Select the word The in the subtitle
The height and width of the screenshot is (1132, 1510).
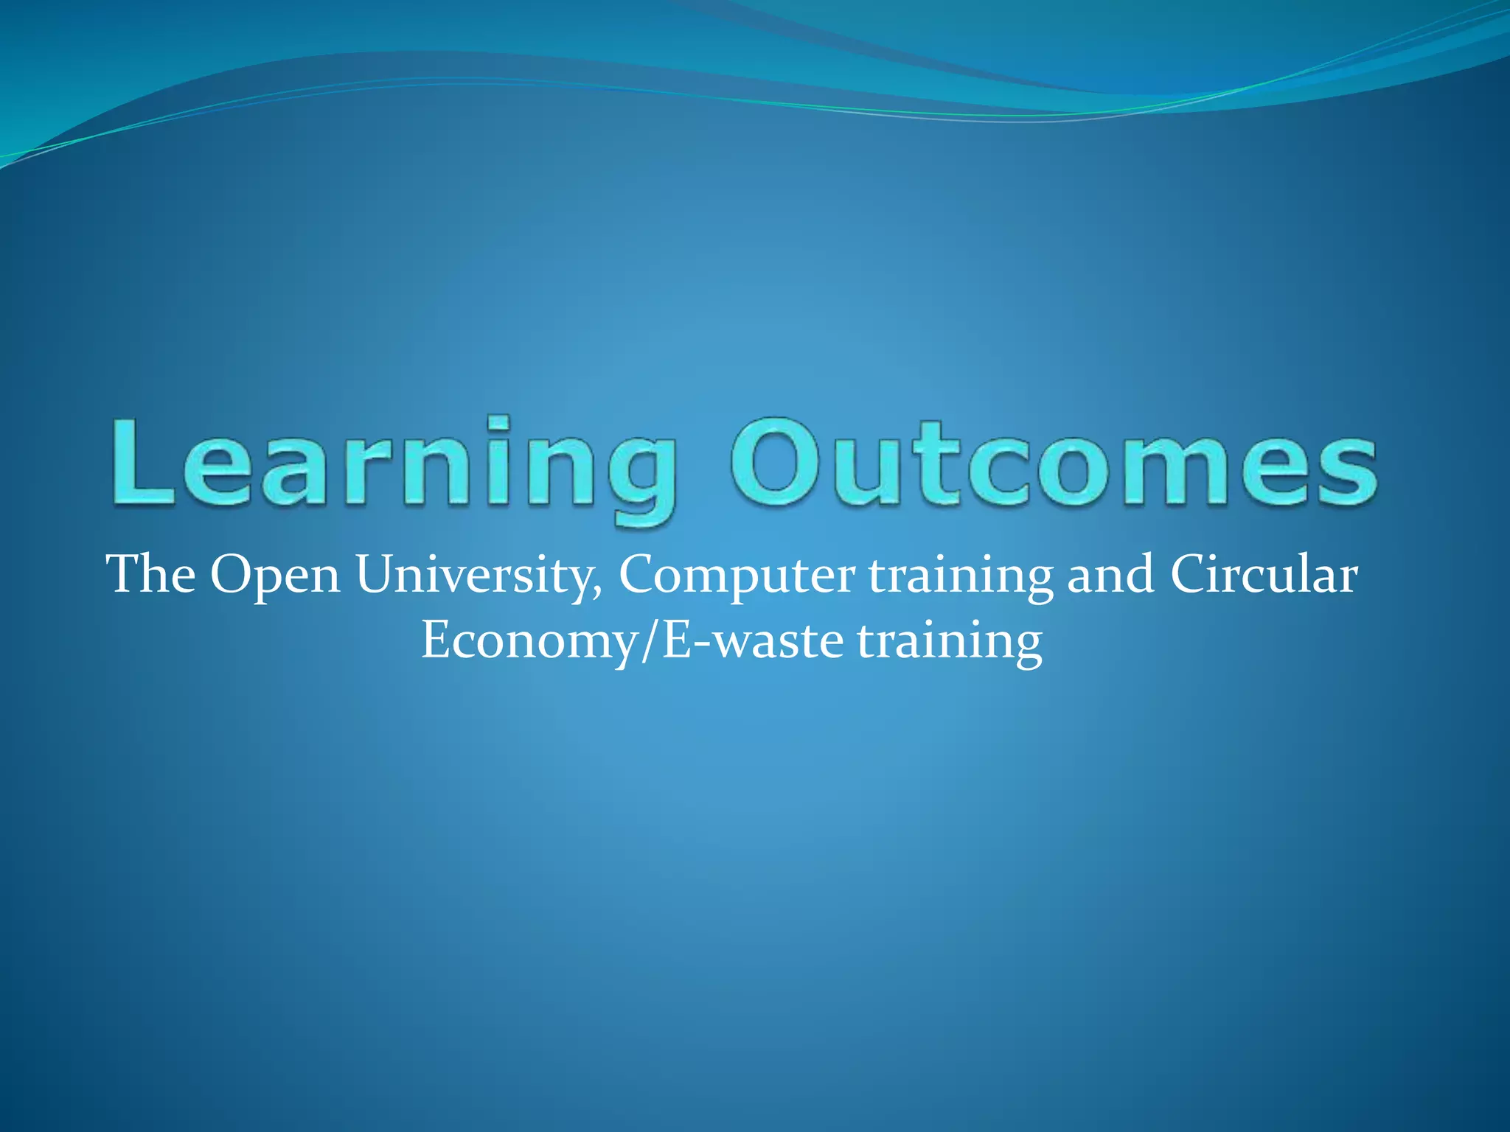pyautogui.click(x=151, y=574)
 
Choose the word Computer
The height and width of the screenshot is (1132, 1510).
pyautogui.click(x=737, y=576)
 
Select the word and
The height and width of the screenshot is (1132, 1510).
pyautogui.click(x=1110, y=574)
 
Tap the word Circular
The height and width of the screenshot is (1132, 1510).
pyautogui.click(x=1263, y=574)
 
